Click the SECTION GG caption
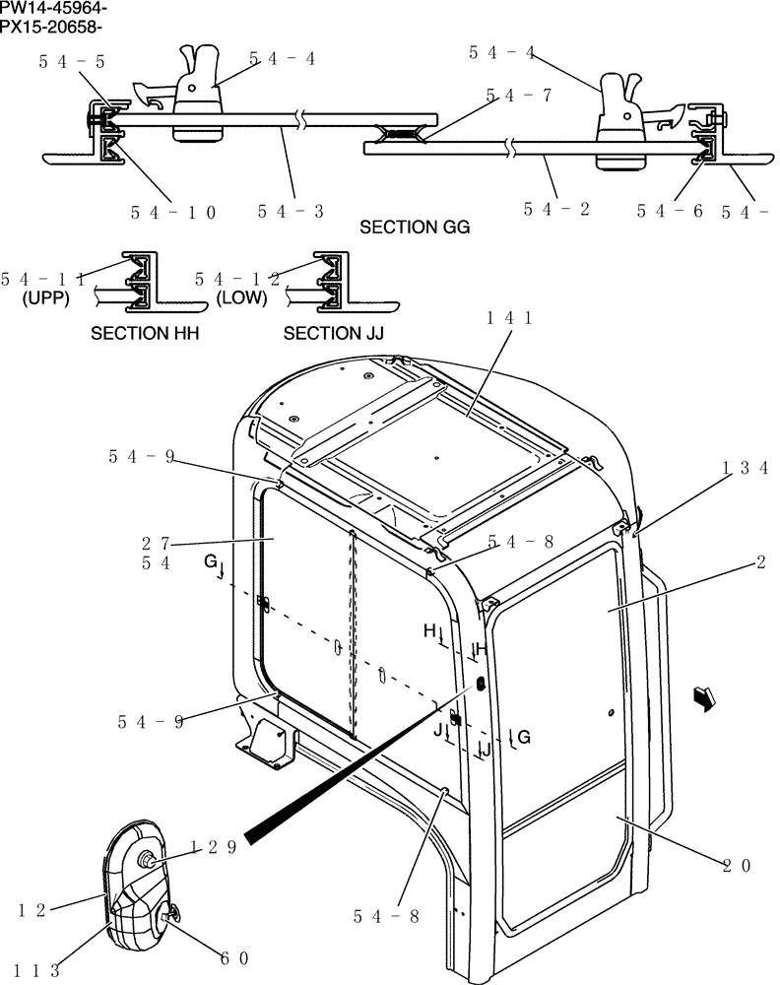415,228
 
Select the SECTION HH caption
145,334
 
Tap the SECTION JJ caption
333,334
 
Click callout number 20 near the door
737,866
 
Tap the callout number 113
38,970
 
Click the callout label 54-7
518,96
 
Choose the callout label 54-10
172,211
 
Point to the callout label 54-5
72,61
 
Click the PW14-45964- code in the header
54,9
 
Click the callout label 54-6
670,210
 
